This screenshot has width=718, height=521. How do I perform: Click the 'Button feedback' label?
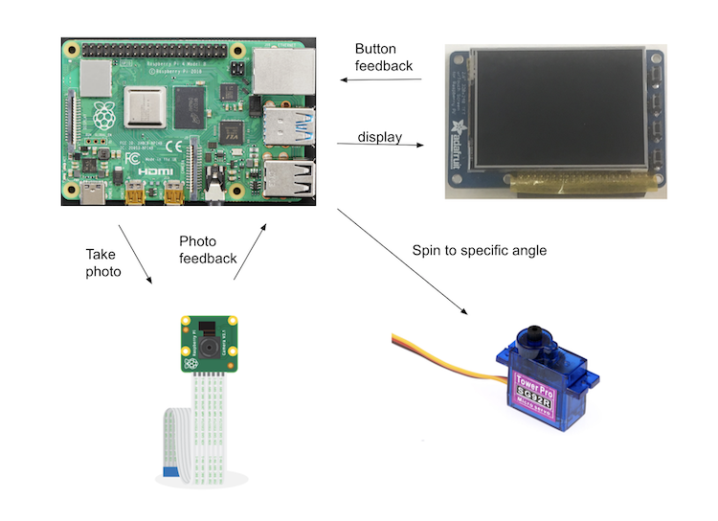click(383, 57)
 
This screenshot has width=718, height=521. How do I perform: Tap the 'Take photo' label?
click(103, 262)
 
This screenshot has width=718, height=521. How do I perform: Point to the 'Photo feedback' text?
click(208, 249)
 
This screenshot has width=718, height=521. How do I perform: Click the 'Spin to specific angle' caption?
click(480, 250)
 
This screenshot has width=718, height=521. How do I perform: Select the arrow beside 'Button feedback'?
click(381, 80)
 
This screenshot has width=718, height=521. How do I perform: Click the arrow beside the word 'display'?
click(380, 146)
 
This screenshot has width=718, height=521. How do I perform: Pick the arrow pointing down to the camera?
click(135, 254)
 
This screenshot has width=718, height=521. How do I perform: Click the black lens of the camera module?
click(210, 344)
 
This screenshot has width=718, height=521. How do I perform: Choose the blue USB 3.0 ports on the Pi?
click(287, 123)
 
